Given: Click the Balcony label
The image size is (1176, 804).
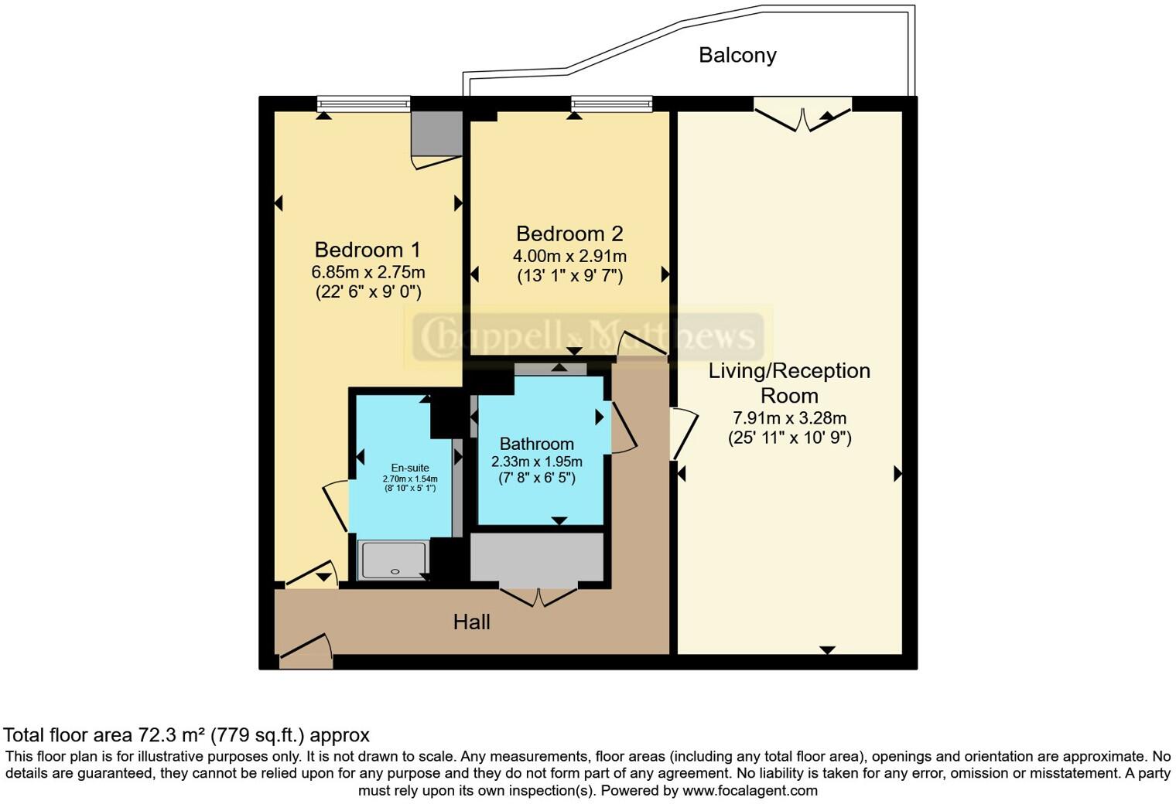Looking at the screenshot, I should point(737,55).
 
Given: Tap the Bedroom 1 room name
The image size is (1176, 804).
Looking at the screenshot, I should point(367,250).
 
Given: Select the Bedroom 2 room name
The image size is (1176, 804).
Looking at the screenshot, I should point(569,233).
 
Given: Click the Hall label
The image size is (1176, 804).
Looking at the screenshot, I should point(471,622).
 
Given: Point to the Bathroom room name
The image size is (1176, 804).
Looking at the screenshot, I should point(536,444).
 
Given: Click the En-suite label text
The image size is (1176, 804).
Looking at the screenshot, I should point(409,468).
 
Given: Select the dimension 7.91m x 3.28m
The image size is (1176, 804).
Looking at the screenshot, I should point(789,418).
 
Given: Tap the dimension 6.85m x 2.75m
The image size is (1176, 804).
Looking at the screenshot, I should point(367,272).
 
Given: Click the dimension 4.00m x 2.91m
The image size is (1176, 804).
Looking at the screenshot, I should point(569,256).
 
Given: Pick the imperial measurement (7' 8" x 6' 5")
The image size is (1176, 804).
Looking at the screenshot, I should point(536,478).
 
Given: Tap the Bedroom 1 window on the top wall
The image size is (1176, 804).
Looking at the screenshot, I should point(363,104).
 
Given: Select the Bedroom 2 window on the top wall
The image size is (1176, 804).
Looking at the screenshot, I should point(611,104).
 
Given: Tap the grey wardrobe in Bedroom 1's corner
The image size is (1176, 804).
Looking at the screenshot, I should point(436,133).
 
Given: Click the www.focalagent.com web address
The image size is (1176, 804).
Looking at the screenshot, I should point(750,790).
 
